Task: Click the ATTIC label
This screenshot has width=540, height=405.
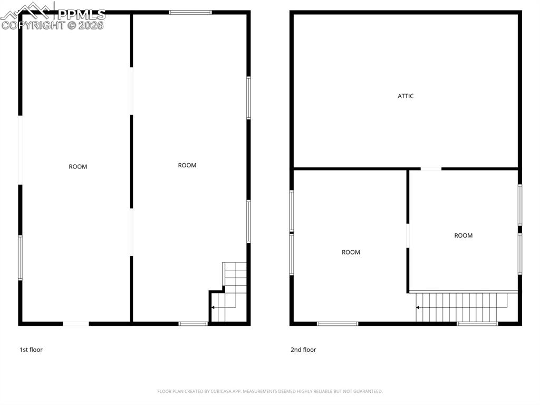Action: pyautogui.click(x=406, y=96)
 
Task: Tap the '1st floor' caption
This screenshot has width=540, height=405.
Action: pyautogui.click(x=31, y=350)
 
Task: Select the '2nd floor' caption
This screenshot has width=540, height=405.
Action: pyautogui.click(x=303, y=350)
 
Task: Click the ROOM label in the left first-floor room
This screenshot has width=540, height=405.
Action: pyautogui.click(x=78, y=167)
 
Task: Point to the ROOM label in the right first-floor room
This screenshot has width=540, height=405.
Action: pyautogui.click(x=187, y=165)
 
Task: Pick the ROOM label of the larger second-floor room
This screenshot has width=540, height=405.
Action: pyautogui.click(x=351, y=252)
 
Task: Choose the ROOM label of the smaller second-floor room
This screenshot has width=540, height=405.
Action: pyautogui.click(x=463, y=236)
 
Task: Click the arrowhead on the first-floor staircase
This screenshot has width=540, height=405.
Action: pyautogui.click(x=213, y=307)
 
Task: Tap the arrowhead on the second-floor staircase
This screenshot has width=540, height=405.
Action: pyautogui.click(x=418, y=307)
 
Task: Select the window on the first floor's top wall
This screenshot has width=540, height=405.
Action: pyautogui.click(x=190, y=13)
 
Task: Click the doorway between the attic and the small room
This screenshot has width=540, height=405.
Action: pyautogui.click(x=431, y=168)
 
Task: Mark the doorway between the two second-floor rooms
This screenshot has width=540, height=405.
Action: pyautogui.click(x=408, y=236)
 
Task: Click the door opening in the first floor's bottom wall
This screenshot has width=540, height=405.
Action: pyautogui.click(x=76, y=324)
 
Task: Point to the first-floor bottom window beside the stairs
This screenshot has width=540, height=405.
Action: pyautogui.click(x=193, y=324)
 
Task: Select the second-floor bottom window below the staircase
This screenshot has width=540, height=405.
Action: pyautogui.click(x=477, y=324)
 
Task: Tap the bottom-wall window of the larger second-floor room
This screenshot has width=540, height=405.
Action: pyautogui.click(x=337, y=324)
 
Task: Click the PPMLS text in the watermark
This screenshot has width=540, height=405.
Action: pyautogui.click(x=81, y=14)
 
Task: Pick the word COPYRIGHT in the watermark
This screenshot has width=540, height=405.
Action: pyautogui.click(x=33, y=25)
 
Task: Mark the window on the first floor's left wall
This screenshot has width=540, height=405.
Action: pyautogui.click(x=21, y=258)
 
